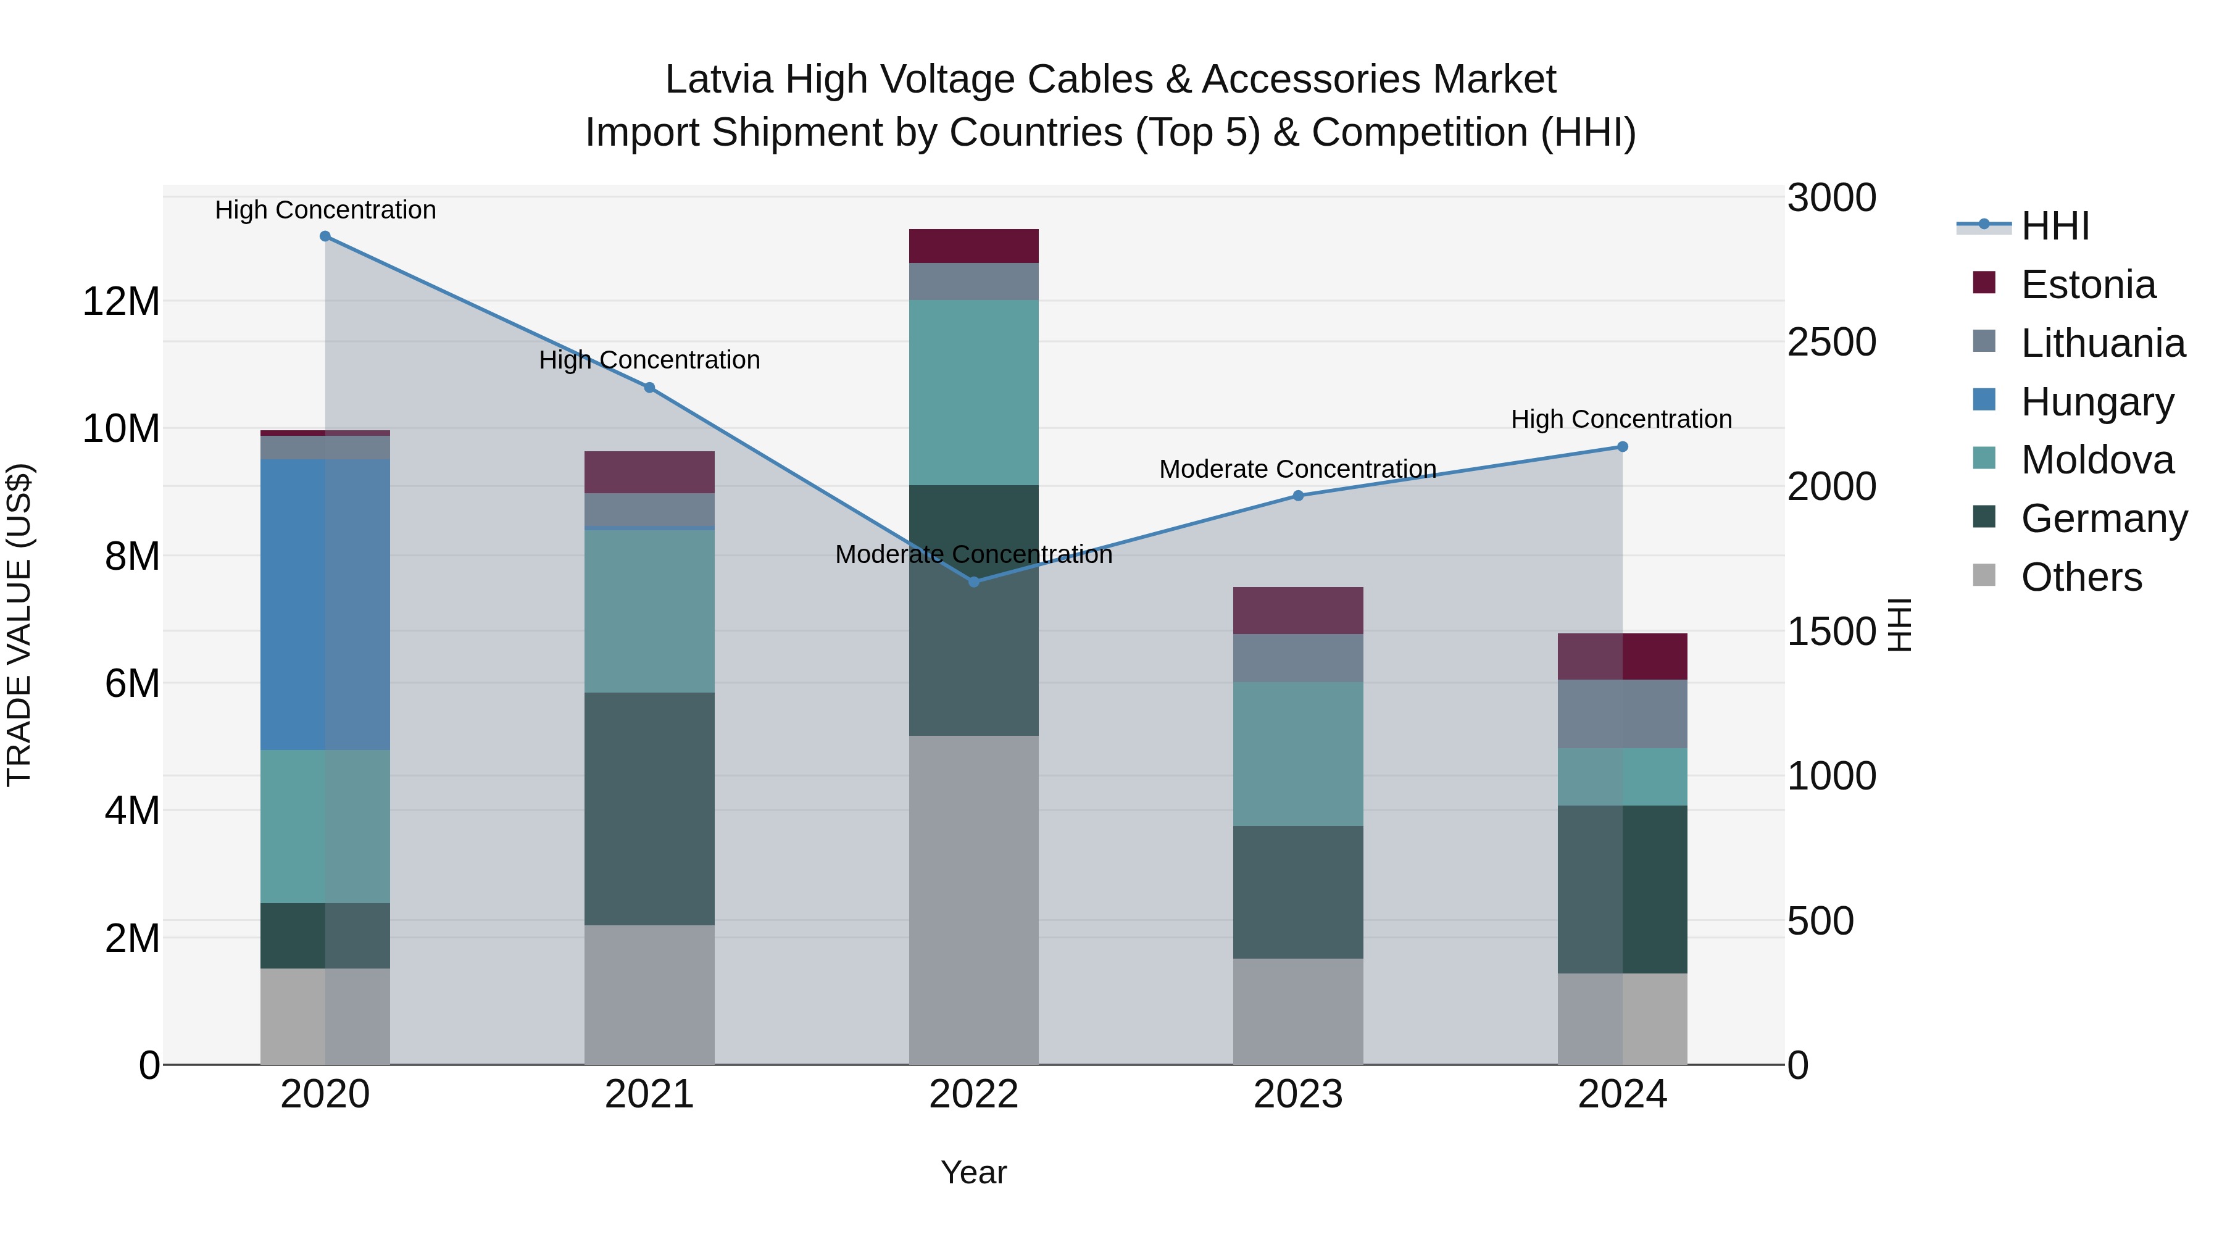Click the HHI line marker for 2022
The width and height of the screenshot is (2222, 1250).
click(974, 582)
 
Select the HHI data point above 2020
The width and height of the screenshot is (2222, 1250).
click(325, 236)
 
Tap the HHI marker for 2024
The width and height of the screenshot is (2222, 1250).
click(1623, 447)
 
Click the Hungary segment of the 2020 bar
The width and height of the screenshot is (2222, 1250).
click(325, 604)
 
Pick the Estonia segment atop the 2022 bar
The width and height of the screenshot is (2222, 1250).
click(974, 246)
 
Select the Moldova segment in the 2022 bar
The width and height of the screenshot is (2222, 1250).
click(974, 393)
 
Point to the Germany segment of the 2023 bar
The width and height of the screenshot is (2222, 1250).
click(1298, 892)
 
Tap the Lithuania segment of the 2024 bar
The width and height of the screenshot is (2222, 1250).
click(1623, 714)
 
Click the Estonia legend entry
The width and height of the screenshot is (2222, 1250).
click(2087, 285)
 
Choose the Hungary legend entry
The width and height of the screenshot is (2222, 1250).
click(2097, 402)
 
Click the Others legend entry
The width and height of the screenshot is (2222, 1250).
click(2081, 577)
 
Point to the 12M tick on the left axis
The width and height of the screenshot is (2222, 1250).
click(121, 302)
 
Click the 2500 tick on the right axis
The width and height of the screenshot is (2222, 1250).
click(1831, 343)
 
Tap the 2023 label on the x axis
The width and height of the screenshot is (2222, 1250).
click(1298, 1094)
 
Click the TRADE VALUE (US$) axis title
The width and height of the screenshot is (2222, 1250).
click(19, 625)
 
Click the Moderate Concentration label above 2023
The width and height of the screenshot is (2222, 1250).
click(1298, 469)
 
